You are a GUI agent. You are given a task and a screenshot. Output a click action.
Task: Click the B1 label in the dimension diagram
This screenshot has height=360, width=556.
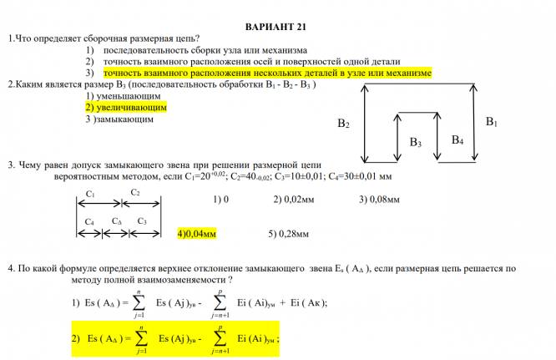click(492, 123)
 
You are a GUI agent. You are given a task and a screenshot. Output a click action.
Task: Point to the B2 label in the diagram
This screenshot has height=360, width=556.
click(343, 124)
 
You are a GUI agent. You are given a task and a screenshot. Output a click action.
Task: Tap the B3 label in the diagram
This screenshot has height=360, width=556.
click(415, 144)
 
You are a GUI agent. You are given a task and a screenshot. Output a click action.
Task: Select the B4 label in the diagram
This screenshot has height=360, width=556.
click(457, 139)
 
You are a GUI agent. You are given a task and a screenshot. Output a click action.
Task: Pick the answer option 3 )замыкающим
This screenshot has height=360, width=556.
click(119, 119)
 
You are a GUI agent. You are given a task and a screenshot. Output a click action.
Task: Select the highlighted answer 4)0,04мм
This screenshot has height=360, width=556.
click(196, 234)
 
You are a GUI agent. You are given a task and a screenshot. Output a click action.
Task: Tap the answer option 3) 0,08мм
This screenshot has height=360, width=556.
click(379, 200)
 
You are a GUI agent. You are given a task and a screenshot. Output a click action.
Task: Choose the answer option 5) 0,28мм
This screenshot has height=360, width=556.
click(289, 234)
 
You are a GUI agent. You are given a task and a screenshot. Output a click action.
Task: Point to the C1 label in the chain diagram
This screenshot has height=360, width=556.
click(90, 193)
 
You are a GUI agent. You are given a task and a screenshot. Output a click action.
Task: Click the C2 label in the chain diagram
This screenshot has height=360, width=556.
click(135, 193)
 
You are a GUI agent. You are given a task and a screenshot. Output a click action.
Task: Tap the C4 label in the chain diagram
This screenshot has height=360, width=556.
click(89, 221)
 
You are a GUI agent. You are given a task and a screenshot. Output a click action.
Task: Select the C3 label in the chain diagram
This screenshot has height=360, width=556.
click(142, 221)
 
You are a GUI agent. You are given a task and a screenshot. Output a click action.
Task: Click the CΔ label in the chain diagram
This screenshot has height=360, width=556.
click(116, 221)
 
